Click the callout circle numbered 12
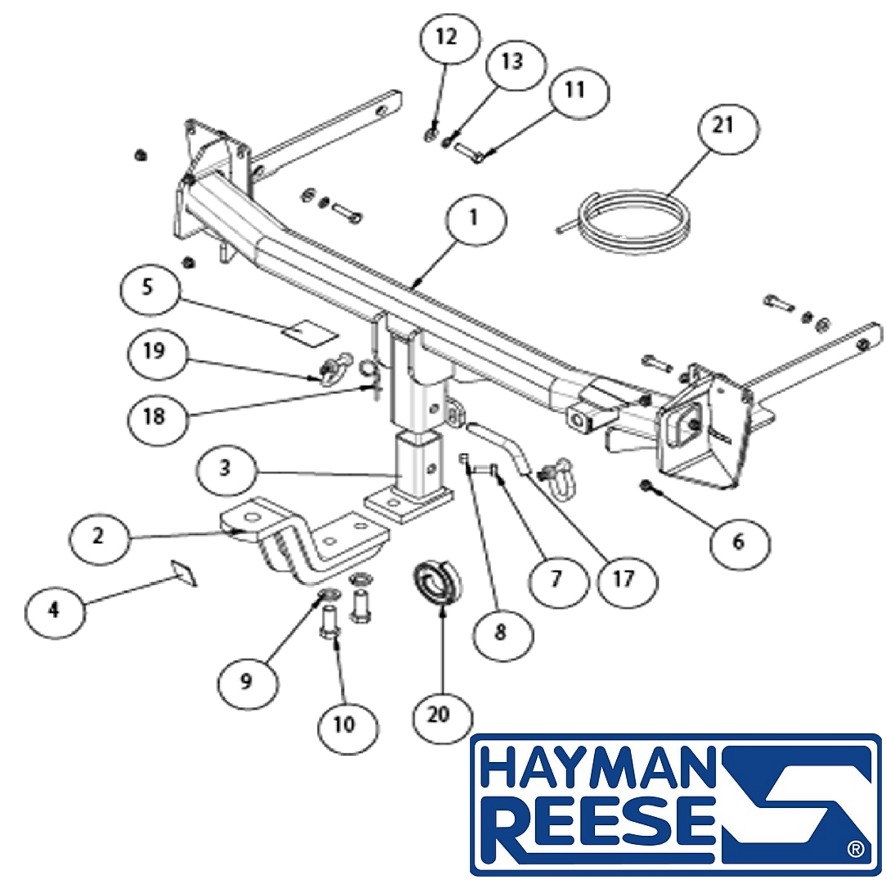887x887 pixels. point(449,38)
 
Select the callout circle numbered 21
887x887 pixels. point(727,128)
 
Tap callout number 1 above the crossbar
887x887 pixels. point(477,219)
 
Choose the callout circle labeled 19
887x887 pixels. point(157,354)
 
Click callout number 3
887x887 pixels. point(226,471)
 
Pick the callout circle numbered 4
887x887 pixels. point(55,611)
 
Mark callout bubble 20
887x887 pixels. point(442,717)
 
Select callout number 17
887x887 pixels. point(626,581)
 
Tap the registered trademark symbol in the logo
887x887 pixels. point(855,849)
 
